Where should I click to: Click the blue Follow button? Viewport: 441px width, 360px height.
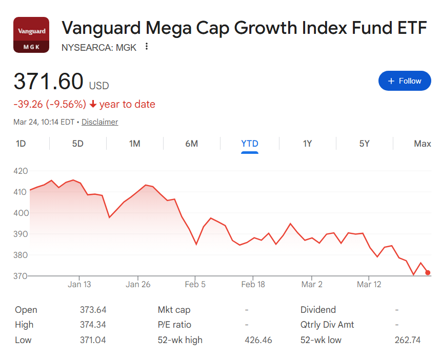pos(405,81)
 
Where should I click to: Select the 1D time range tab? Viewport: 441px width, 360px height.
pos(21,144)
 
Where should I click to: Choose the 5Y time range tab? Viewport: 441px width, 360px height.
pos(364,144)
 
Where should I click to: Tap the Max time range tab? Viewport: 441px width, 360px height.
pos(422,144)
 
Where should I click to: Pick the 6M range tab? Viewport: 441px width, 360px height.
pos(191,144)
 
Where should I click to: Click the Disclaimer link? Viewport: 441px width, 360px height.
pos(99,122)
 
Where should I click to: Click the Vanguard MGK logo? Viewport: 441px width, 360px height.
pos(31,35)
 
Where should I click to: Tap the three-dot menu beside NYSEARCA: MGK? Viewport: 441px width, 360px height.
pos(147,47)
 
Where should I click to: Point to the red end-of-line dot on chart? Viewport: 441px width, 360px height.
pos(428,273)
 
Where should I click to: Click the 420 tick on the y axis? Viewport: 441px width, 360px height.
pos(21,171)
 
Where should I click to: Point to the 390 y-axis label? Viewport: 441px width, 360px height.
pos(21,234)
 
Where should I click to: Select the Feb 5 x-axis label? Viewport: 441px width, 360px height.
pos(195,284)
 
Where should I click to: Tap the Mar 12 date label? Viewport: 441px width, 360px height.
pos(369,284)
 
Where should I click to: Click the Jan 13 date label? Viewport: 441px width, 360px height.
pos(79,284)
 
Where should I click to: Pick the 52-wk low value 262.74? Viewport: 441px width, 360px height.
pos(408,340)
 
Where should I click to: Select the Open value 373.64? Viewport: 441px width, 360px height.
pos(93,310)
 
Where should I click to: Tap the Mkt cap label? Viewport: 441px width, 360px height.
pos(174,310)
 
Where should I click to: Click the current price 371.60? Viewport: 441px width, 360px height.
pos(48,82)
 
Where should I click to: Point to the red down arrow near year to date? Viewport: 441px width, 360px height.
pos(93,105)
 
